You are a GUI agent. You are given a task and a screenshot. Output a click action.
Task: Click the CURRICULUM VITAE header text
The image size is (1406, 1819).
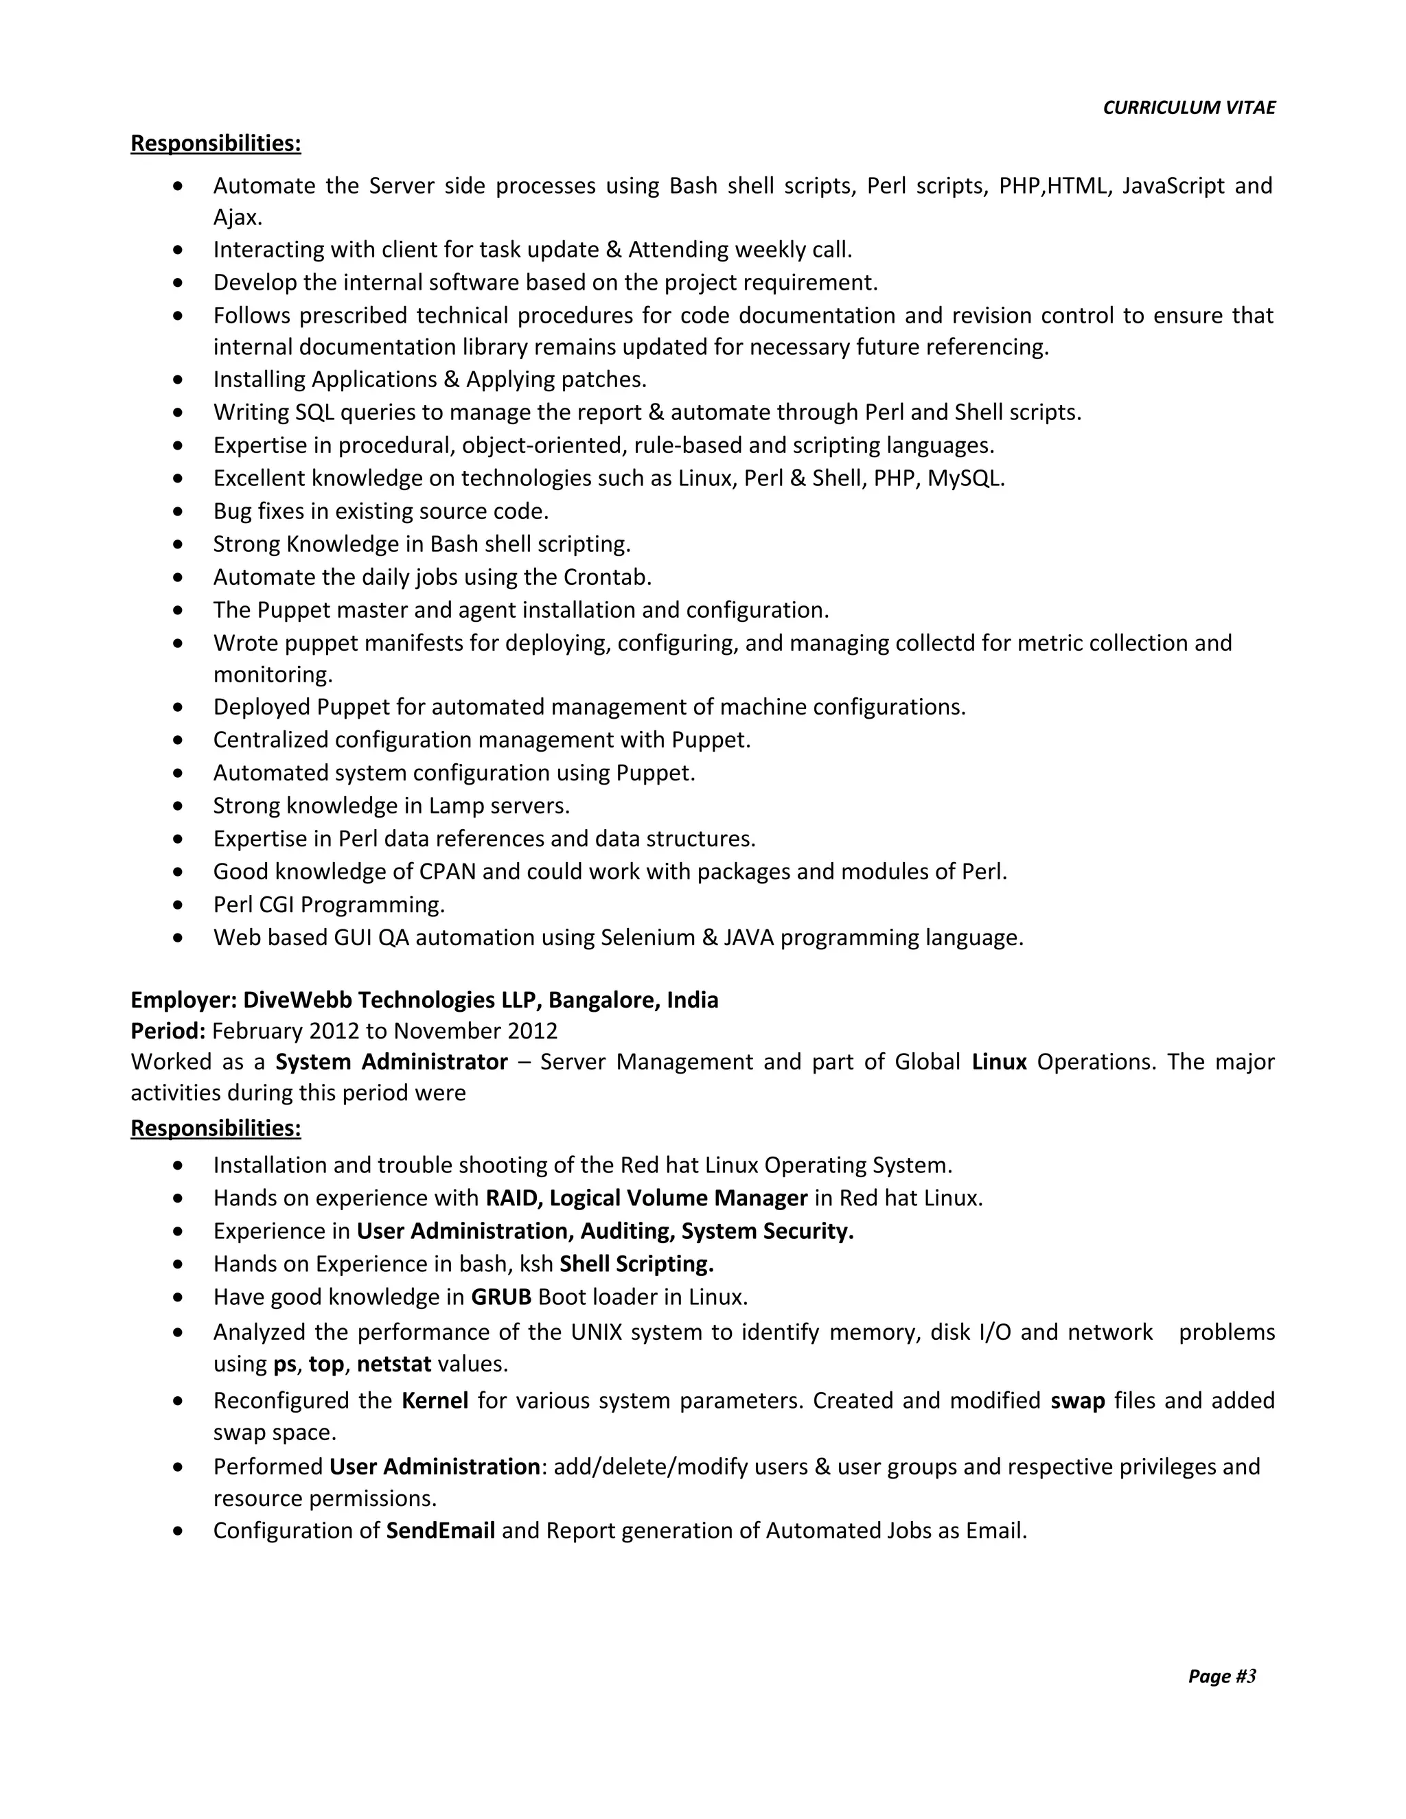tap(1188, 108)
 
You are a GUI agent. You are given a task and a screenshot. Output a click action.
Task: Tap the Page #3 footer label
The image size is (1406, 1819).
tap(1221, 1676)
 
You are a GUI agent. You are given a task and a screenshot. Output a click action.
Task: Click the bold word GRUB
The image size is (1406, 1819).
tap(500, 1297)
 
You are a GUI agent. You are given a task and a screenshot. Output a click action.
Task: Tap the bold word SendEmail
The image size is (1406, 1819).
tap(441, 1530)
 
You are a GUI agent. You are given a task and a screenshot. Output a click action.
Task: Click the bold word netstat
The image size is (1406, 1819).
tap(394, 1363)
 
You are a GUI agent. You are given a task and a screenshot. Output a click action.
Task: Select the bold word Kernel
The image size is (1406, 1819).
tap(435, 1400)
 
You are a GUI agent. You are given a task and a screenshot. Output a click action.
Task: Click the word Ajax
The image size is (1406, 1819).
tap(237, 218)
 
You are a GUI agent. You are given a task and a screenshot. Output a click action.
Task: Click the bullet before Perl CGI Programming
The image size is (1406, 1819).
tap(179, 905)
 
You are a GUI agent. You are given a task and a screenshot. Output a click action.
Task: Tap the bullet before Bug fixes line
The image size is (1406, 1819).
tap(179, 511)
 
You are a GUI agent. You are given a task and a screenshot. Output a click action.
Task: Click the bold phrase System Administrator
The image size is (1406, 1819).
tap(391, 1062)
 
